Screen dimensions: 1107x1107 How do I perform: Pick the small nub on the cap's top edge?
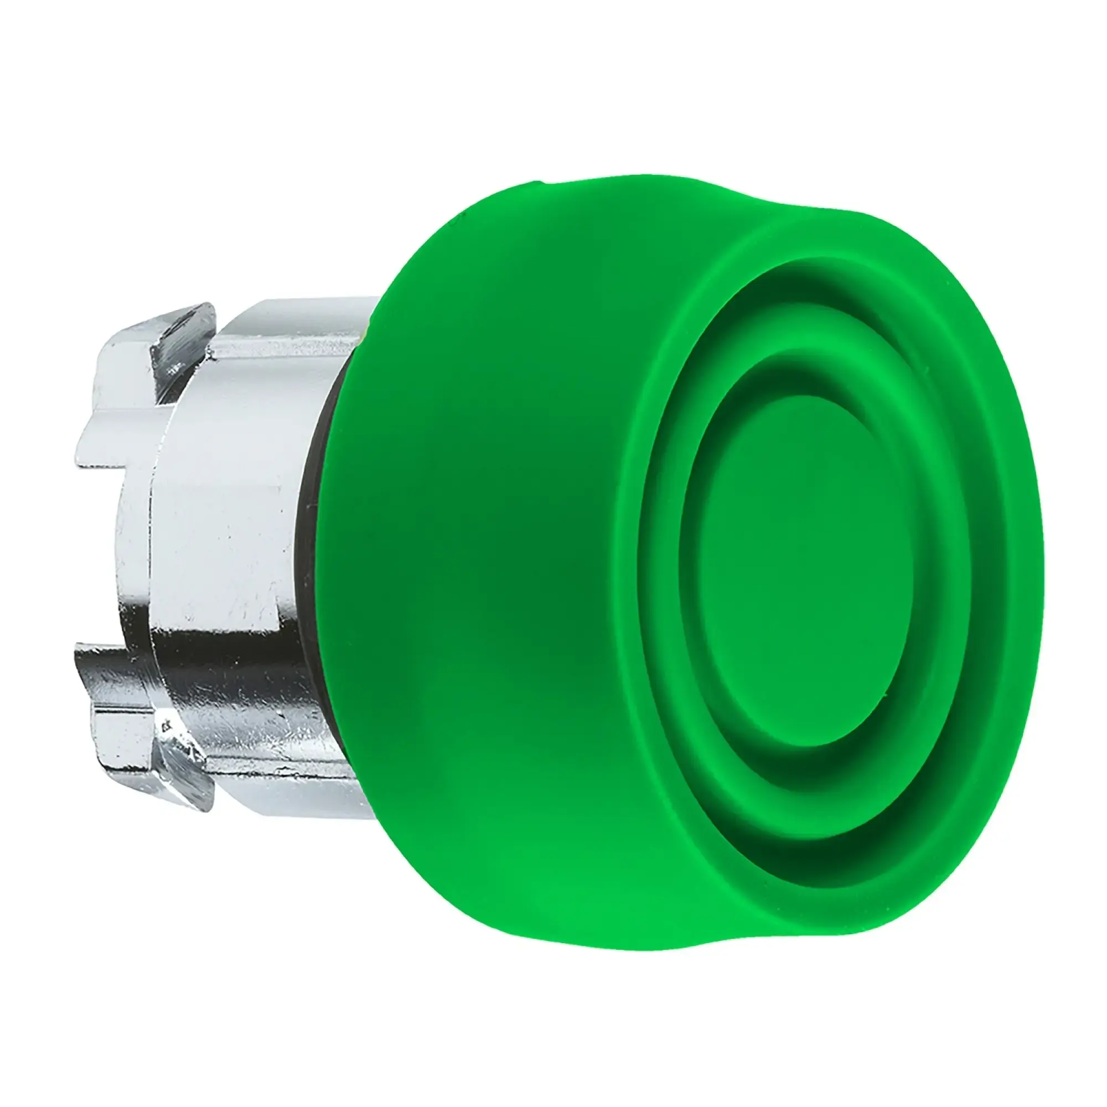click(x=541, y=184)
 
